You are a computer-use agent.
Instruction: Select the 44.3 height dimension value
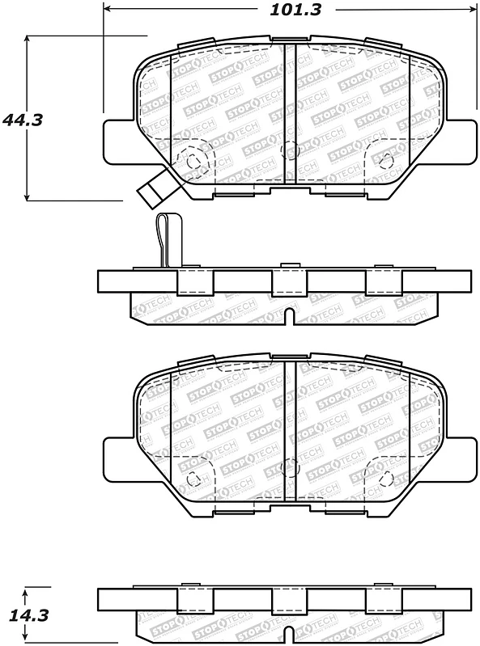23,120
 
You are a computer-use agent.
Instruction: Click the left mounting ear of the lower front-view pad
117,461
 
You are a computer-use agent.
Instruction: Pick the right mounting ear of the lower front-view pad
462,461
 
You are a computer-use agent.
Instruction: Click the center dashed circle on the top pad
289,149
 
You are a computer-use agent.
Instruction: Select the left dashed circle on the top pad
194,161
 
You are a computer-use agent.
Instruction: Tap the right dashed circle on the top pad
386,158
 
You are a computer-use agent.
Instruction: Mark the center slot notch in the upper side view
289,316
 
